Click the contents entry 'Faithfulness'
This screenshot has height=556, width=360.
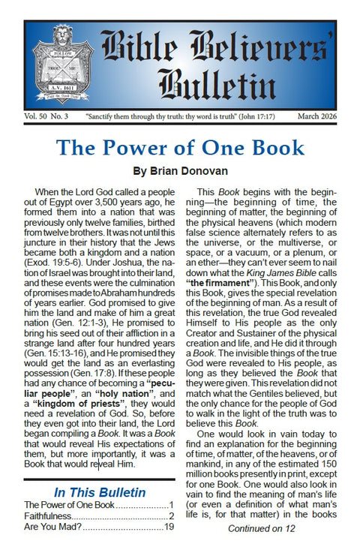tap(53, 516)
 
